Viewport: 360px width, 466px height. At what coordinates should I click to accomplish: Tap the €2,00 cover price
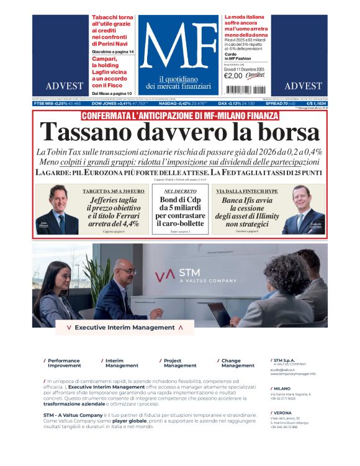pos(233,76)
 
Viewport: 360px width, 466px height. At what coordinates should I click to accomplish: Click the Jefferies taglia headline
pos(114,212)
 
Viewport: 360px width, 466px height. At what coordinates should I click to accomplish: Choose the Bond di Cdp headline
pos(181,212)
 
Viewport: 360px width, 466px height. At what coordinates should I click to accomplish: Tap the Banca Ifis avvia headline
pos(246,212)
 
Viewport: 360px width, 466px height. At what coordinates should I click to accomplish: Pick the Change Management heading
pos(232,363)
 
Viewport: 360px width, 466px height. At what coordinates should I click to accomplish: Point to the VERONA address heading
pos(282,413)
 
